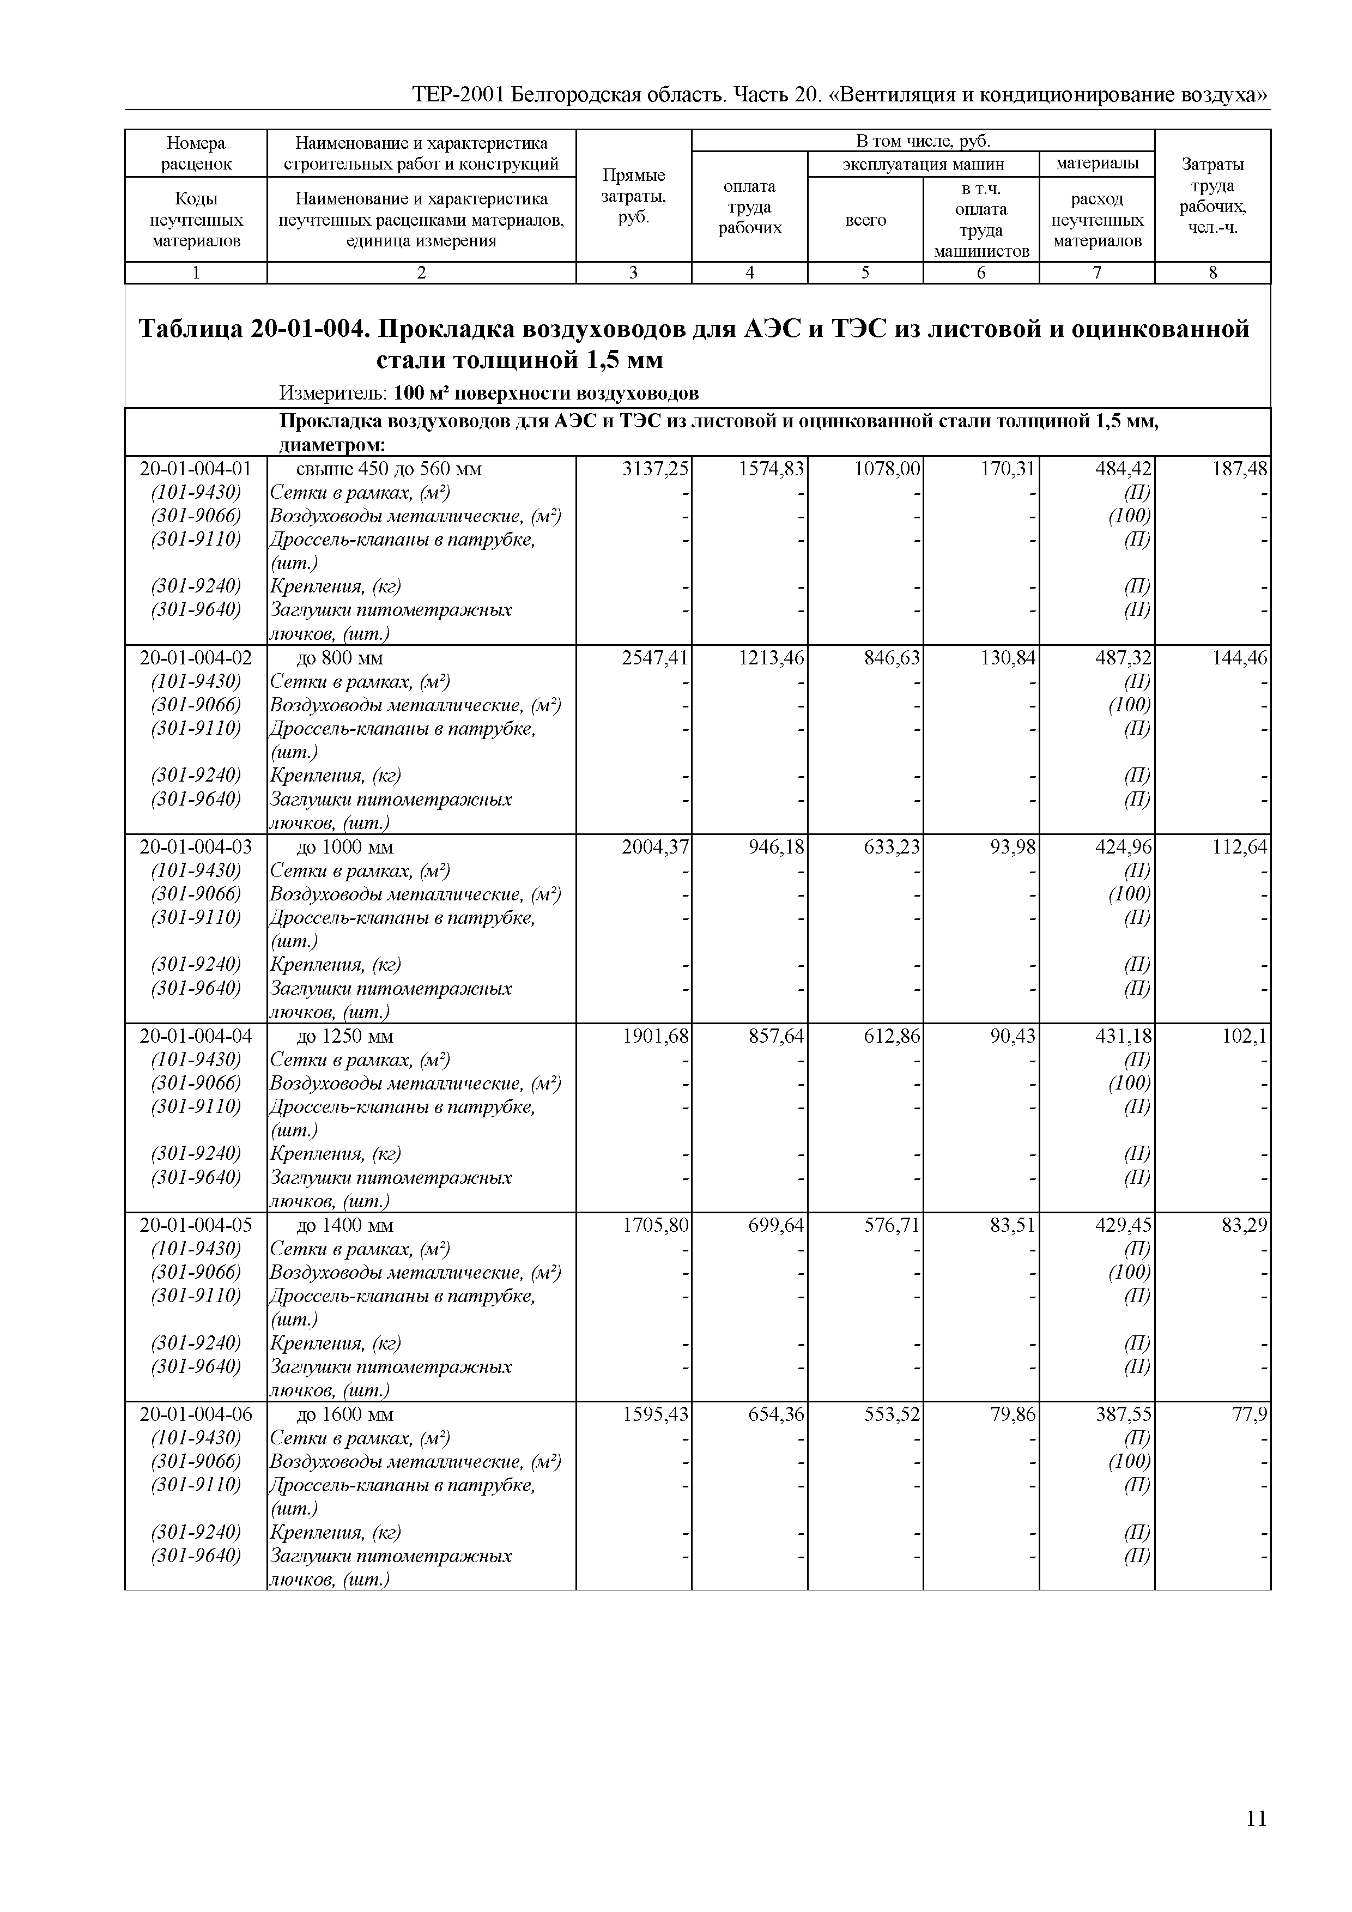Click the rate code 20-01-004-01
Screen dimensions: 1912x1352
(x=196, y=469)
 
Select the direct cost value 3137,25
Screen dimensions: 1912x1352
(x=655, y=469)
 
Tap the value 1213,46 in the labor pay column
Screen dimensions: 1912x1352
(x=771, y=658)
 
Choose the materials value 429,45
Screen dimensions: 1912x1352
(x=1123, y=1225)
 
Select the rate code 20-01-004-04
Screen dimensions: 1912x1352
(x=196, y=1036)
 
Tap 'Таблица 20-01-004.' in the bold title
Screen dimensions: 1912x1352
(x=253, y=330)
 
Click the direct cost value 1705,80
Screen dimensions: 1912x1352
(x=655, y=1225)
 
